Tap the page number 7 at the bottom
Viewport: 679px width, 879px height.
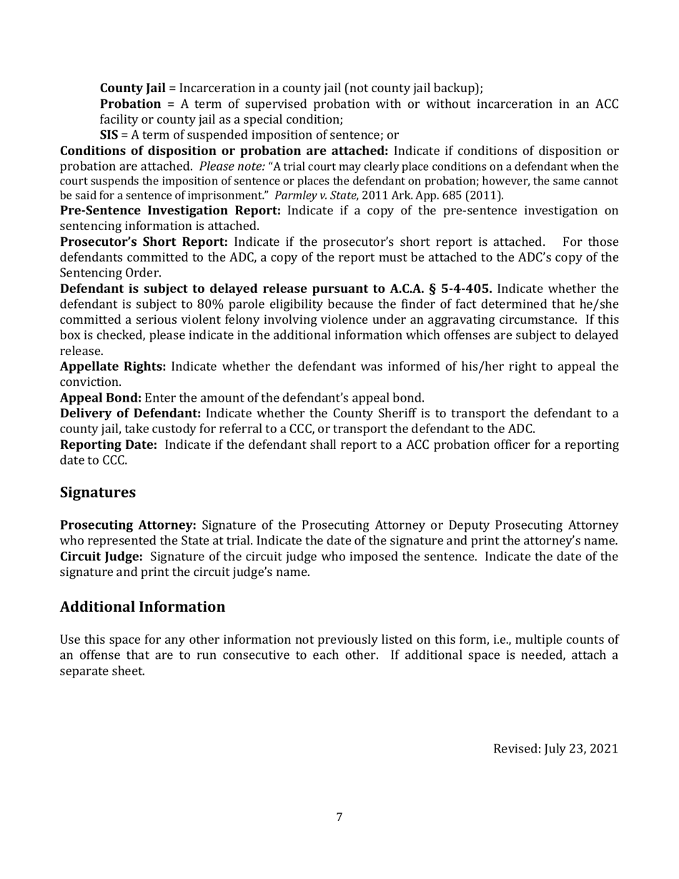[x=339, y=818]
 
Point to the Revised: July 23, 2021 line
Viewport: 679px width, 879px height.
[x=555, y=749]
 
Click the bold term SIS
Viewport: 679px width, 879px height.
[x=108, y=135]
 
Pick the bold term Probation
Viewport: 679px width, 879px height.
[x=130, y=104]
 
